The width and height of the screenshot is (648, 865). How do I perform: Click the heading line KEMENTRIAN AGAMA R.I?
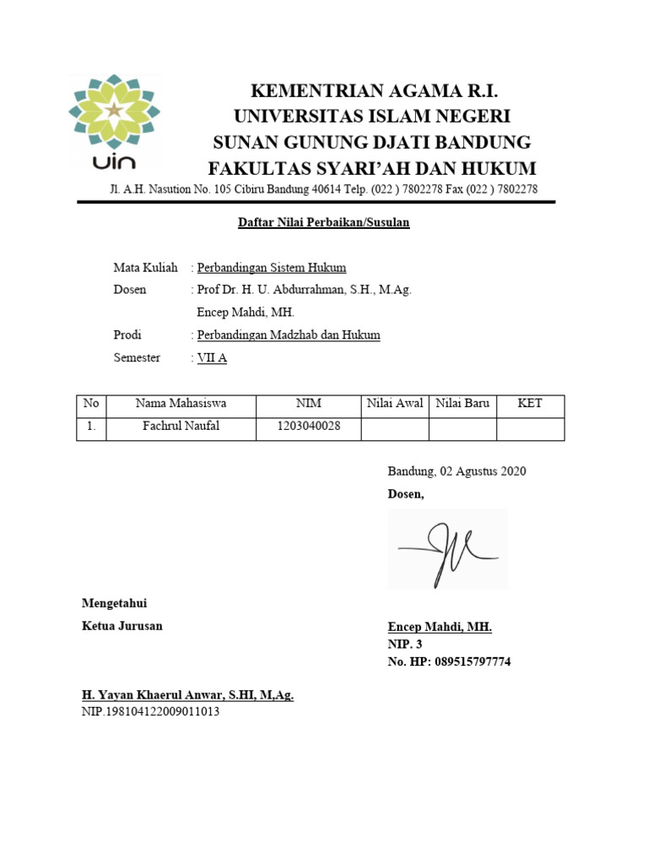pyautogui.click(x=372, y=91)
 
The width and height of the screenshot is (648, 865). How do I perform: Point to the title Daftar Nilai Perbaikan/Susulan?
pyautogui.click(x=319, y=223)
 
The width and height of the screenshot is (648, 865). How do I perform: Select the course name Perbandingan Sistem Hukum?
pyautogui.click(x=272, y=268)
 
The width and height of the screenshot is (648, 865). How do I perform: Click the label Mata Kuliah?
pyautogui.click(x=145, y=268)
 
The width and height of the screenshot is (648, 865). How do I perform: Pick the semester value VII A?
pyautogui.click(x=212, y=358)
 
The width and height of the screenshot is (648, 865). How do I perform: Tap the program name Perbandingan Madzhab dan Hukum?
pyautogui.click(x=289, y=335)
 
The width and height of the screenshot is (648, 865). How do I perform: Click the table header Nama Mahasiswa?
pyautogui.click(x=181, y=404)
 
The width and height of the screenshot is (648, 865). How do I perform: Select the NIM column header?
pyautogui.click(x=308, y=404)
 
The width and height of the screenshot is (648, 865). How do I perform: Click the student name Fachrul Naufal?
pyautogui.click(x=181, y=427)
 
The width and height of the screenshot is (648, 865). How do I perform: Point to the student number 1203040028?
pyautogui.click(x=308, y=427)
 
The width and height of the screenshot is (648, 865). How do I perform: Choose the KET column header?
pyautogui.click(x=530, y=404)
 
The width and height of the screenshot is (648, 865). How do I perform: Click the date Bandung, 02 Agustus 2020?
pyautogui.click(x=456, y=471)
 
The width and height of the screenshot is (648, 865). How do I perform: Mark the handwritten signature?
pyautogui.click(x=447, y=549)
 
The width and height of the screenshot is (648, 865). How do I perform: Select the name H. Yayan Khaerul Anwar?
pyautogui.click(x=187, y=695)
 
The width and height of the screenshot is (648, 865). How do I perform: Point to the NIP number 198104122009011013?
pyautogui.click(x=151, y=711)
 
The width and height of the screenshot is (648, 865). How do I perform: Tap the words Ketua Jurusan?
pyautogui.click(x=121, y=626)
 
